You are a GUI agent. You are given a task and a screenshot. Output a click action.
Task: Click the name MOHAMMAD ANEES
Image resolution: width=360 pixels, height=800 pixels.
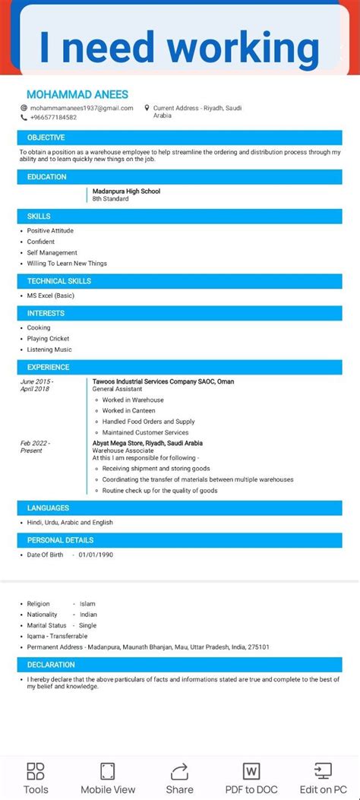coord(77,94)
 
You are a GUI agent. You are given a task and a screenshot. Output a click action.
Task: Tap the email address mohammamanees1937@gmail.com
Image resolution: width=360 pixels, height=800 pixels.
coord(81,108)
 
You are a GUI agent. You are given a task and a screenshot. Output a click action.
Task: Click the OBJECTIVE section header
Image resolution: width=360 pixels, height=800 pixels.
coord(46,138)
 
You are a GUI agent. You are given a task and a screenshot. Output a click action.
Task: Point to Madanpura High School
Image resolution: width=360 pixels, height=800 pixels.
coord(126,191)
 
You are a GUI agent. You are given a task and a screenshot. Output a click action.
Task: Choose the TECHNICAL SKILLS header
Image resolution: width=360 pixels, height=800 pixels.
coord(58,281)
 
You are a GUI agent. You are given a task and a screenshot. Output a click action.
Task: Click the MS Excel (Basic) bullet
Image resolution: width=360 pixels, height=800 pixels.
coord(51,296)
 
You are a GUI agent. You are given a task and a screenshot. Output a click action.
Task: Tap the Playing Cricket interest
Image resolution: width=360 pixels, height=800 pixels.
coord(48,338)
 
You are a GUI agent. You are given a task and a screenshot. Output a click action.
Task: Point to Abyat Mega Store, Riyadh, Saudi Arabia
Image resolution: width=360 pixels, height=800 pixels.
coord(147,443)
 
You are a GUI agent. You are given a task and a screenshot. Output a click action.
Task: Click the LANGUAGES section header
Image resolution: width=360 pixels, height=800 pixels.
coord(48,508)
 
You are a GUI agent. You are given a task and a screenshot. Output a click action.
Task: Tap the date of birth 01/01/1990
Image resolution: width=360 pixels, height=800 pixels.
coord(96,555)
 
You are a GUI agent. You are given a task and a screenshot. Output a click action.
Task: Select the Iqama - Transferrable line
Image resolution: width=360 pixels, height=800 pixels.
coord(57,636)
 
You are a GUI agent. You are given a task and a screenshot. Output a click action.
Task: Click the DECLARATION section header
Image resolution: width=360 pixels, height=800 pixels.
coord(51,665)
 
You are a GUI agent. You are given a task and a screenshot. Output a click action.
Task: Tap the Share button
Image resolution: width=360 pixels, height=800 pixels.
coord(180,777)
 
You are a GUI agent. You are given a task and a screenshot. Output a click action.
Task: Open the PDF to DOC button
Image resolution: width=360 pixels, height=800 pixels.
coord(251,777)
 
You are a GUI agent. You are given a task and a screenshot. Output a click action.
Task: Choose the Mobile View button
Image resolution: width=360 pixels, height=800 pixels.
coord(108,777)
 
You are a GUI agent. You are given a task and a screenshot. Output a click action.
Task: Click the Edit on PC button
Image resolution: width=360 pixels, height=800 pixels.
coord(323,777)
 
